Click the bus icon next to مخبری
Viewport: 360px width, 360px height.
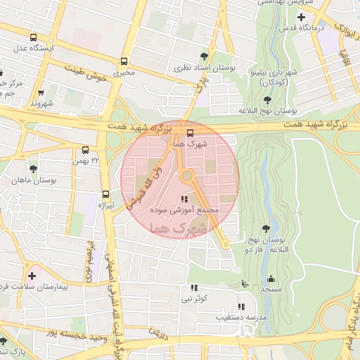coord(124,60)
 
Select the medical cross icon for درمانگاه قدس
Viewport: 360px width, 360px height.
coord(301,16)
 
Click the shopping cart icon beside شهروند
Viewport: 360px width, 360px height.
coord(41,92)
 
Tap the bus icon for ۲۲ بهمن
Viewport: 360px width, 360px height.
coord(85,150)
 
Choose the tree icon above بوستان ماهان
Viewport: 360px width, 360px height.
coord(33,168)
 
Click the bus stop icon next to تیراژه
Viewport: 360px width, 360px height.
coord(106,194)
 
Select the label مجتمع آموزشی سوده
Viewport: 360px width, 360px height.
coord(185,210)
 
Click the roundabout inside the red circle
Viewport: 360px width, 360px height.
coord(187,175)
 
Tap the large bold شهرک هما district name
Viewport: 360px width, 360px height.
coord(181,229)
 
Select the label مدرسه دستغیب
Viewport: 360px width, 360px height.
coord(243,318)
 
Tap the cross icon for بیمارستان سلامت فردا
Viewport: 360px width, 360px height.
coord(31,275)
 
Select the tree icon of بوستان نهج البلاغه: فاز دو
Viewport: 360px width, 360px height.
coord(266,229)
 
